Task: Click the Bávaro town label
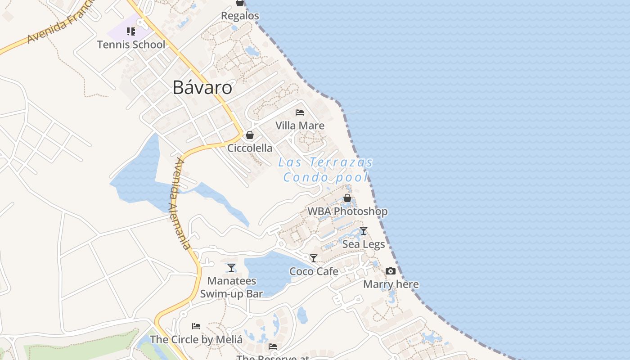click(202, 88)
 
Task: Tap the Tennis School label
click(131, 45)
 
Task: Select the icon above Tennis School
click(131, 31)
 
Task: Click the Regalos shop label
click(240, 16)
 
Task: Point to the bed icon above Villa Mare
click(300, 112)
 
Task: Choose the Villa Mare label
click(300, 126)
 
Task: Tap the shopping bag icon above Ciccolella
click(250, 135)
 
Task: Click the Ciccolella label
click(250, 148)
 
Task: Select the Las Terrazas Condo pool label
click(326, 170)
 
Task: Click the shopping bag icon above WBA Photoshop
click(347, 198)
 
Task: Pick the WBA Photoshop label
click(347, 211)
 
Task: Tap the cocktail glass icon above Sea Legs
click(364, 231)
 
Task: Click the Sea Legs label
click(364, 244)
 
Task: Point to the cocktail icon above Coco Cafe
click(314, 258)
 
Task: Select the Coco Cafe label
click(314, 271)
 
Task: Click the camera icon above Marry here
click(391, 271)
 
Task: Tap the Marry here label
click(391, 284)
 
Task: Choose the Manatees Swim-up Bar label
click(231, 288)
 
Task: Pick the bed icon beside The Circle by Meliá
click(196, 326)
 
